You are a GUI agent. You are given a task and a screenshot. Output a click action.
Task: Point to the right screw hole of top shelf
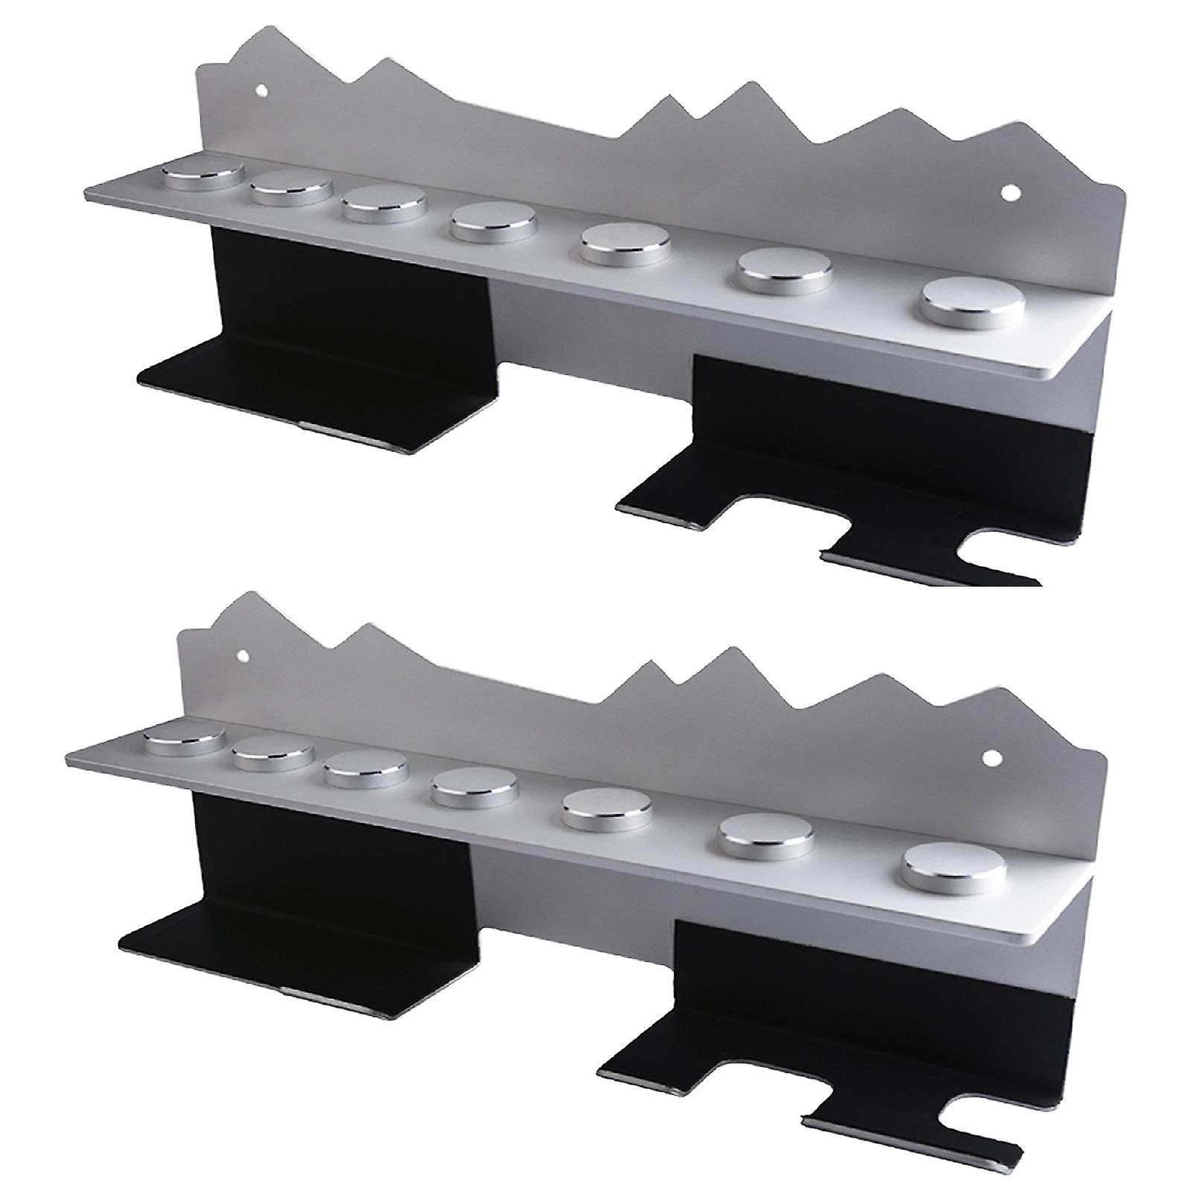(x=1010, y=192)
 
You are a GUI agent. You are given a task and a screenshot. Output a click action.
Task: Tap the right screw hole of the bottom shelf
(x=991, y=758)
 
